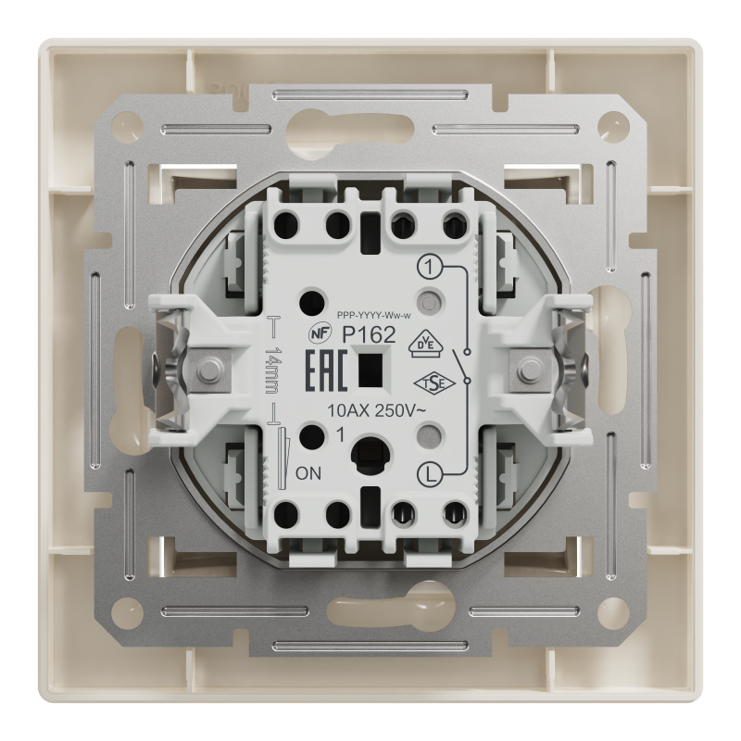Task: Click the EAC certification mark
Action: (327, 371)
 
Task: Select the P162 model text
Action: (369, 335)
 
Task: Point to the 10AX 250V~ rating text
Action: (377, 411)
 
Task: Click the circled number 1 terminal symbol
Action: (429, 269)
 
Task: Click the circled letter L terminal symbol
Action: (430, 475)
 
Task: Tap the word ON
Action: (308, 473)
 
